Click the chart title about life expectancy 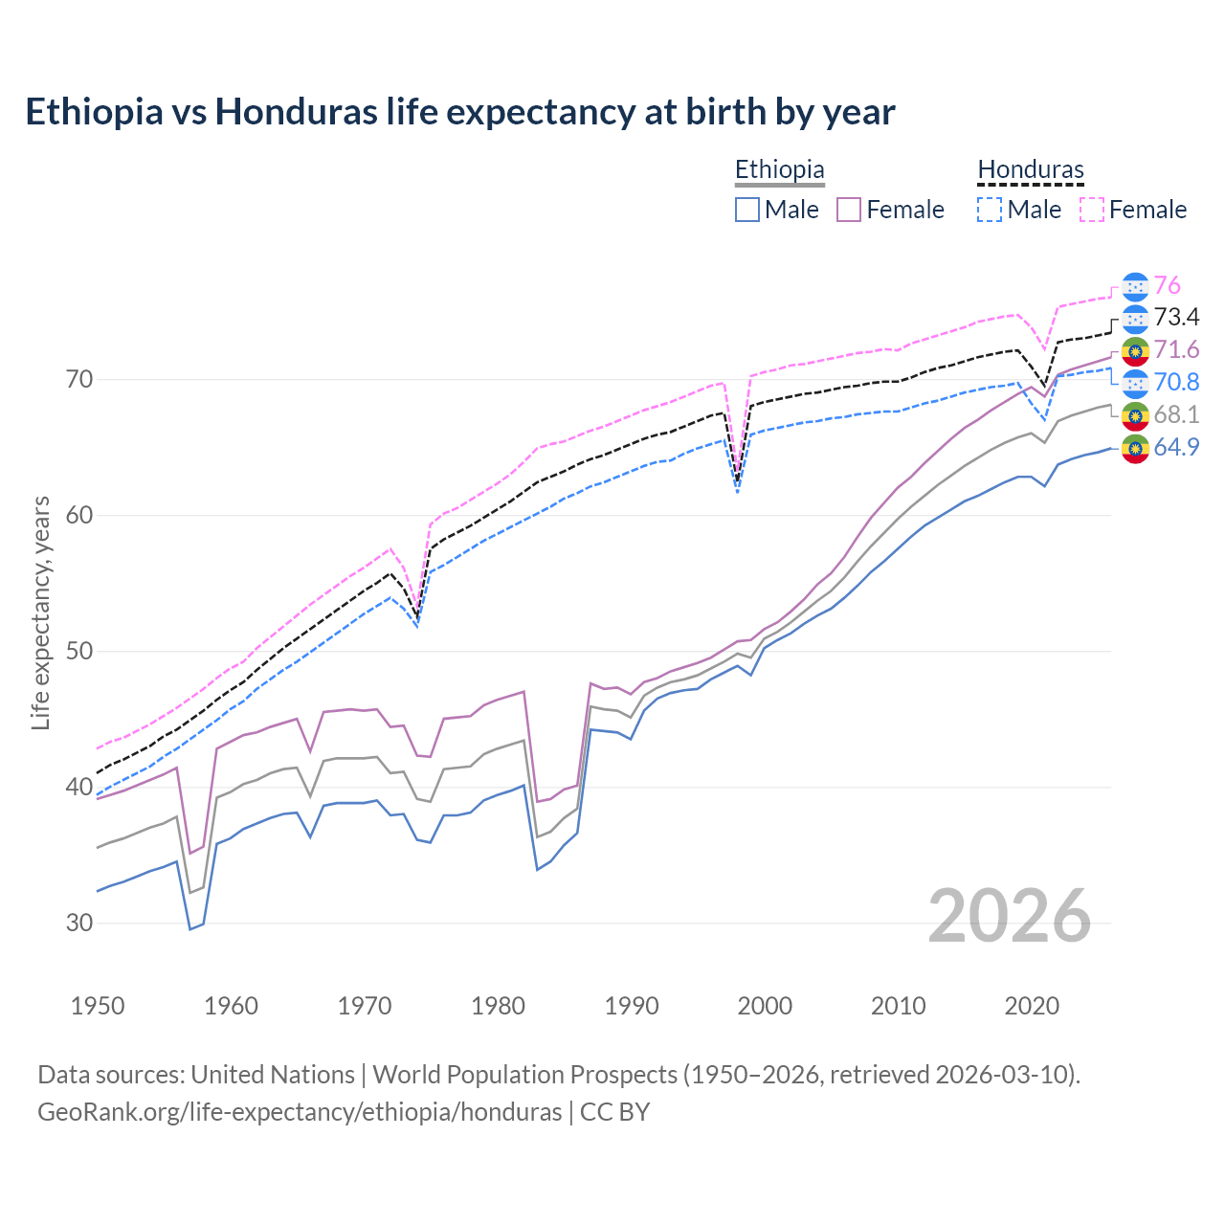click(x=459, y=112)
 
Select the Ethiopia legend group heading click(x=779, y=169)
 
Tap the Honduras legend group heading click(x=1031, y=169)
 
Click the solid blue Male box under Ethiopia click(x=747, y=210)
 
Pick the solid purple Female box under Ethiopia click(x=849, y=210)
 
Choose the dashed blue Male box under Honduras click(x=991, y=210)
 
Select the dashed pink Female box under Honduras click(x=1092, y=210)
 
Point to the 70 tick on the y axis click(x=79, y=379)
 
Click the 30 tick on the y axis click(x=79, y=923)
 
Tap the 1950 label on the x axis click(x=98, y=1006)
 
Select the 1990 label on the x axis click(x=632, y=1006)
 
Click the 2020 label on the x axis click(x=1032, y=1006)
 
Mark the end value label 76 click(x=1167, y=285)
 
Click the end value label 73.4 click(x=1176, y=317)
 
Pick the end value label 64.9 click(x=1176, y=447)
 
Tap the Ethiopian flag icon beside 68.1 click(x=1135, y=415)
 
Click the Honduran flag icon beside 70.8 click(x=1135, y=383)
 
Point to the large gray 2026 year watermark click(x=1009, y=916)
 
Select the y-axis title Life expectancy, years click(x=41, y=612)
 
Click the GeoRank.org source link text click(x=300, y=1112)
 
